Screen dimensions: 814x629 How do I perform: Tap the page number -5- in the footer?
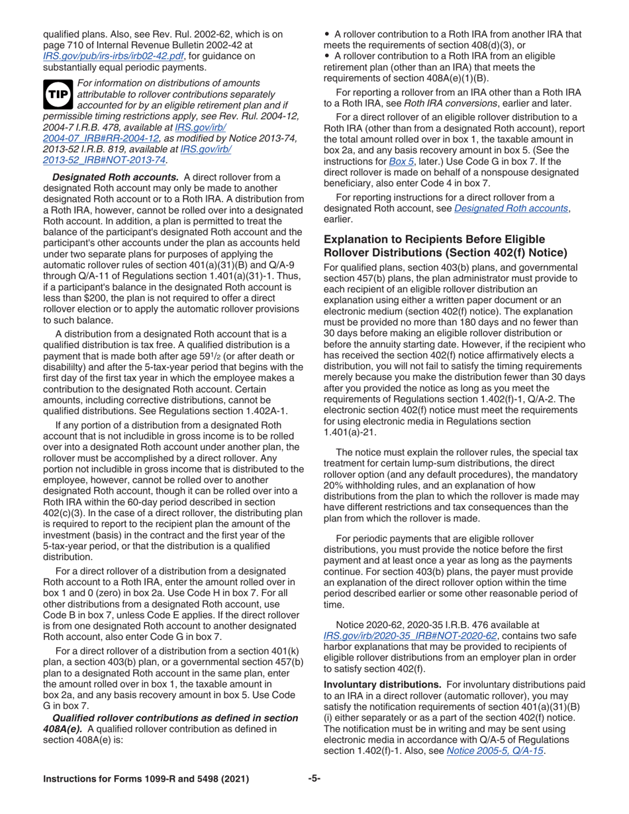(x=314, y=779)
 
